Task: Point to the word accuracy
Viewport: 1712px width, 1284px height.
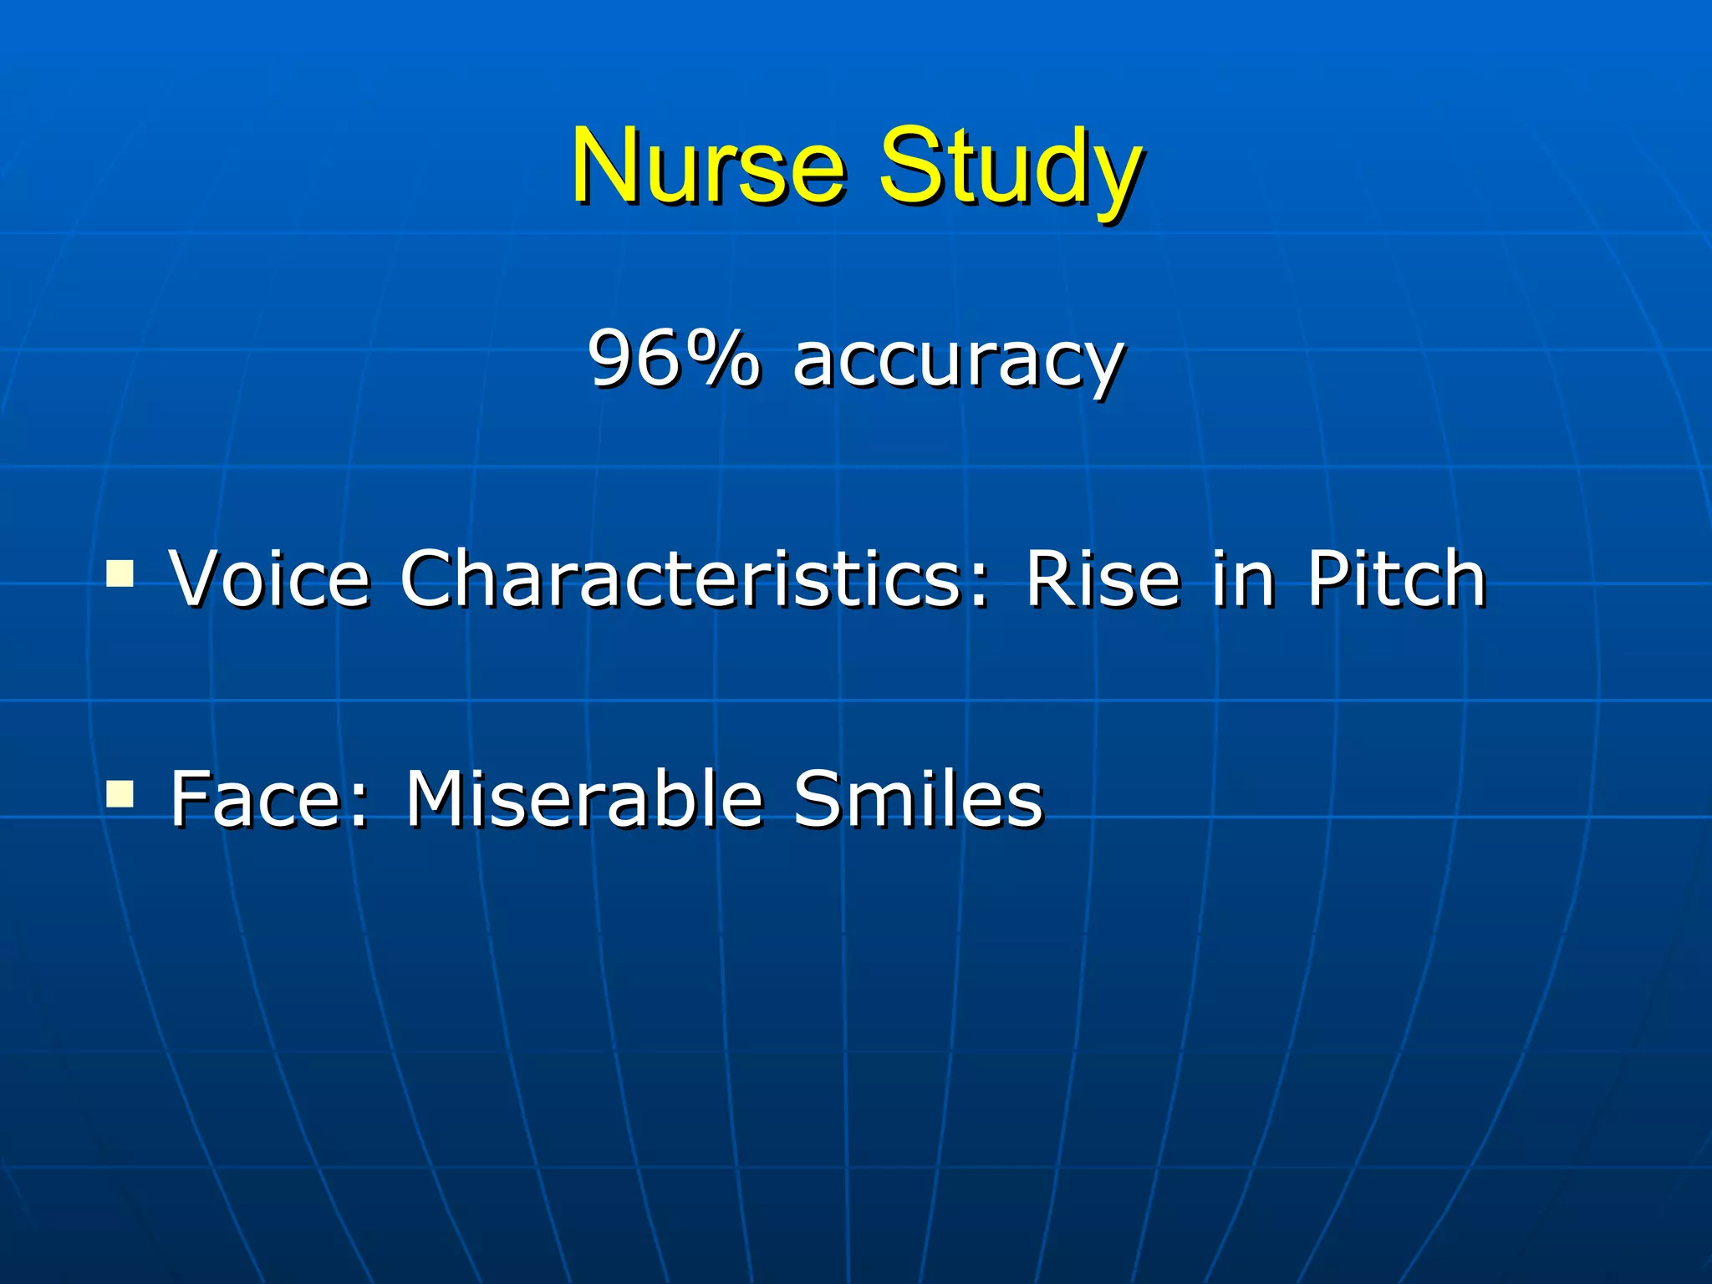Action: pyautogui.click(x=958, y=364)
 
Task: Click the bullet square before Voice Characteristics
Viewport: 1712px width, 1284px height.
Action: pyautogui.click(x=120, y=573)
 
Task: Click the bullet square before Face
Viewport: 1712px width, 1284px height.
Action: pyautogui.click(x=120, y=793)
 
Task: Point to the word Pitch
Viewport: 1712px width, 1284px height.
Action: pyautogui.click(x=1396, y=578)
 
